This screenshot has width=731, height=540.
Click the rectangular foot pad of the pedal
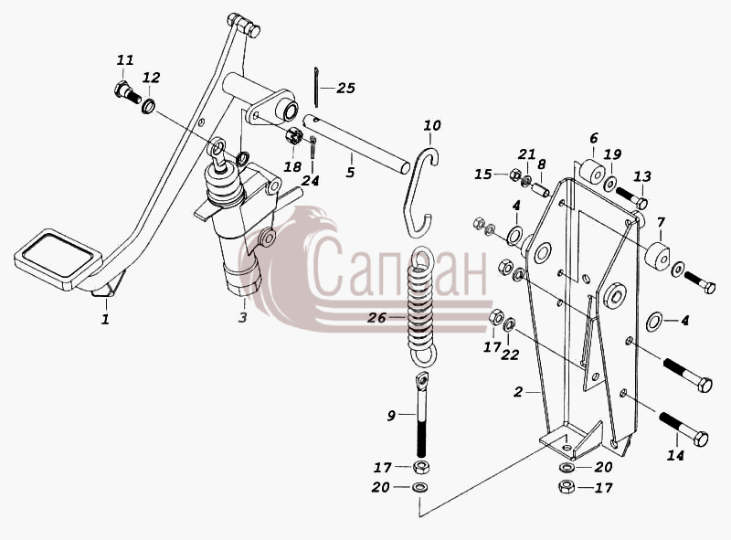point(58,258)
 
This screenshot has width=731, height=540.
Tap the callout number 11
point(125,60)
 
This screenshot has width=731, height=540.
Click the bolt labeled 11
point(127,92)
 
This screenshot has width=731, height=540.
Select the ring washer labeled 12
point(149,106)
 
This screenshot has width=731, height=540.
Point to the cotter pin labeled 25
point(316,86)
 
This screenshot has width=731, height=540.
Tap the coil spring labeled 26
point(422,303)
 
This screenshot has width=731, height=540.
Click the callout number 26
point(376,318)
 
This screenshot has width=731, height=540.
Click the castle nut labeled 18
point(293,136)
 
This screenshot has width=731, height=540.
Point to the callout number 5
point(350,172)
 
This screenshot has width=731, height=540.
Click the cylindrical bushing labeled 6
point(590,171)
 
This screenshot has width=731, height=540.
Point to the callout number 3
point(242,318)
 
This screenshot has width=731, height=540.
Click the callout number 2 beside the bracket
point(518,392)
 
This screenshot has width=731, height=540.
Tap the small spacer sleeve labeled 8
point(541,190)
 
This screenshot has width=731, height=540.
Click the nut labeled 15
point(514,175)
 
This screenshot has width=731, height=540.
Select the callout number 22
point(510,355)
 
